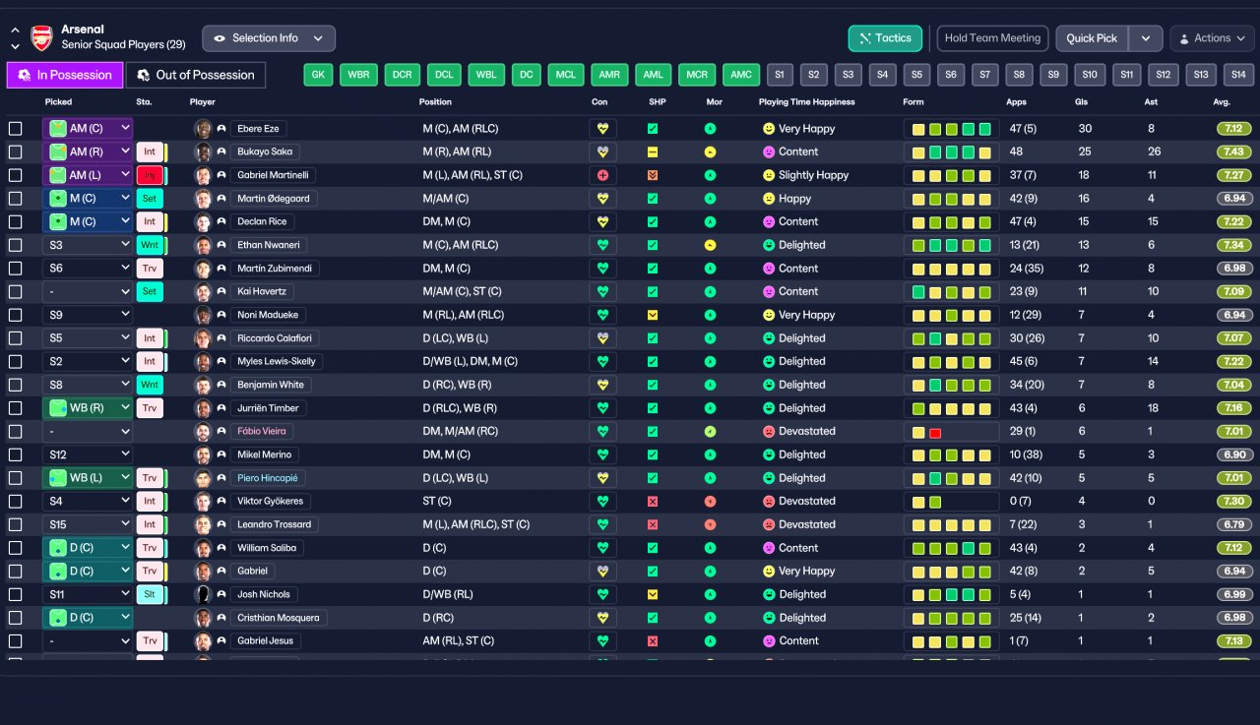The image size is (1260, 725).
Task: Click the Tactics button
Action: click(x=885, y=38)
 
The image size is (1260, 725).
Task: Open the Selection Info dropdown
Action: click(x=268, y=38)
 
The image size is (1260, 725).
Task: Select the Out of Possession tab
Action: click(x=195, y=75)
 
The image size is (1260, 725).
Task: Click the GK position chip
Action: click(x=318, y=75)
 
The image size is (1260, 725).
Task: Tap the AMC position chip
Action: click(x=740, y=75)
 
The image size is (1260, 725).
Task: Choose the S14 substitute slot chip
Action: click(x=1238, y=75)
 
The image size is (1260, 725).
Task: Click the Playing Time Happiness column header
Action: click(x=806, y=102)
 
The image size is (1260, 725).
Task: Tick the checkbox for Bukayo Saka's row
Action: click(x=16, y=151)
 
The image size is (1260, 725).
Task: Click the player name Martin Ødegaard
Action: click(x=273, y=199)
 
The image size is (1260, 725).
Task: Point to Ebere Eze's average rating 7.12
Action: click(x=1234, y=129)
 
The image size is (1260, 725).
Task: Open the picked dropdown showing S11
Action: click(x=88, y=594)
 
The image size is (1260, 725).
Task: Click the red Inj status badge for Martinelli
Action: click(x=150, y=175)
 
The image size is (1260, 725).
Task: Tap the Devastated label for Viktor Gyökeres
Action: click(x=806, y=502)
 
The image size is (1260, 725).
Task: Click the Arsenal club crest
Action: click(x=41, y=38)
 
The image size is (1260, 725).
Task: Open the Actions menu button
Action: click(x=1212, y=38)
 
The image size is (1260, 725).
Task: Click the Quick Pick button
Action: click(x=1092, y=38)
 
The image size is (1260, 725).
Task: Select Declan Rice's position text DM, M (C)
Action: click(x=446, y=221)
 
